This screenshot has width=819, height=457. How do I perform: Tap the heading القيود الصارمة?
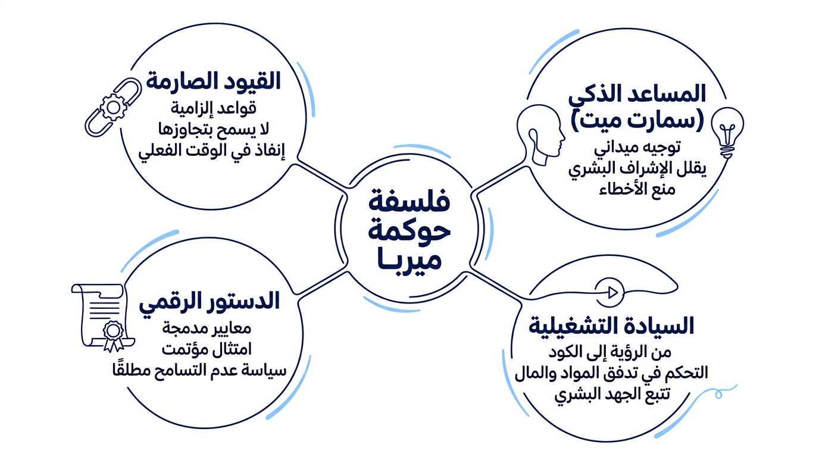click(214, 81)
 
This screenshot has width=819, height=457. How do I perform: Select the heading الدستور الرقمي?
click(209, 302)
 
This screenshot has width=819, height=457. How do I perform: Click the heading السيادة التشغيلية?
click(611, 326)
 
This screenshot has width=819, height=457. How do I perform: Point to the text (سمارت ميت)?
click(637, 121)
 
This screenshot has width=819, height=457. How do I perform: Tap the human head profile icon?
click(541, 135)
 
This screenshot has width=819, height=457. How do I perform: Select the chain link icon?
click(113, 107)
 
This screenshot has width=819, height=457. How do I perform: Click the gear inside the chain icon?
click(114, 107)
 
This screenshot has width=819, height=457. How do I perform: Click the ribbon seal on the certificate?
click(113, 336)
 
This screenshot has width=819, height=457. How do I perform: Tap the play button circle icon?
click(609, 292)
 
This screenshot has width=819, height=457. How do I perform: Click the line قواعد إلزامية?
click(214, 108)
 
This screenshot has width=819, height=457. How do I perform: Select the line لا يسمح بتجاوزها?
click(214, 129)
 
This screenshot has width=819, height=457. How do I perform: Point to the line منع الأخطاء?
click(637, 189)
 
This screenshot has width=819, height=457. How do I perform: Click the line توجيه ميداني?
click(637, 148)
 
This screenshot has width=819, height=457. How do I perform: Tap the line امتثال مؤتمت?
click(207, 349)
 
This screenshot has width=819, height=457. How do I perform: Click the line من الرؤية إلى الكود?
click(610, 352)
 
